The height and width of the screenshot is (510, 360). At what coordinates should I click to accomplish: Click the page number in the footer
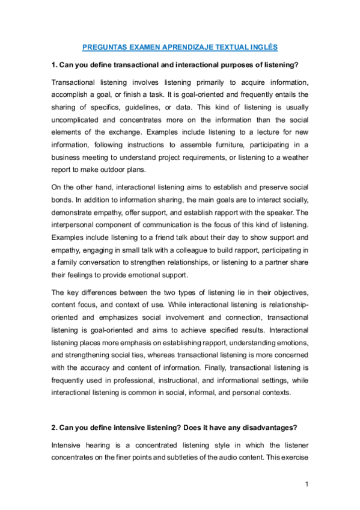(307, 484)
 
